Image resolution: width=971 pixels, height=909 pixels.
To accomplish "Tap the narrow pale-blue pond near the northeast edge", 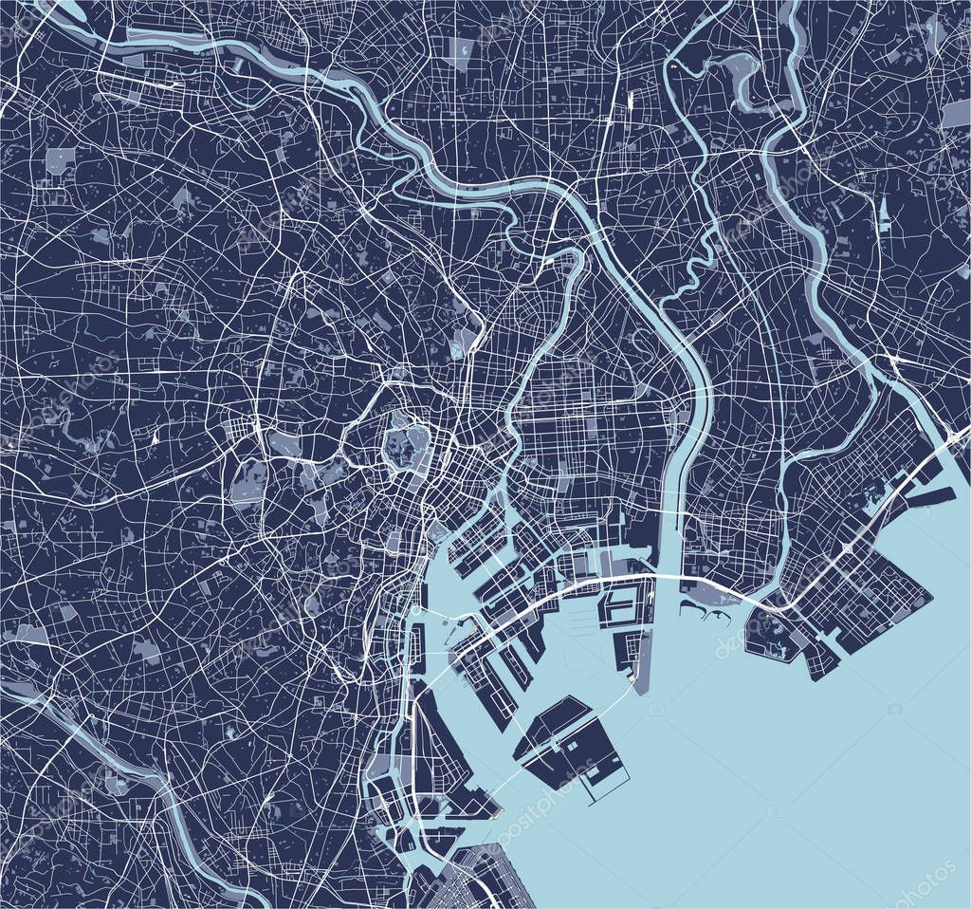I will (884, 213).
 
